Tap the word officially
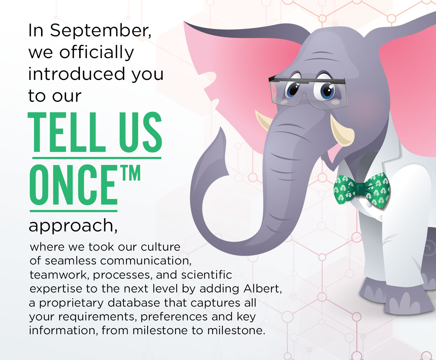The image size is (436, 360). [x=97, y=53]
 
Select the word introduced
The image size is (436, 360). [x=76, y=74]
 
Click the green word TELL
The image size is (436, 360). [x=66, y=132]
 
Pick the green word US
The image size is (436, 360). [x=141, y=132]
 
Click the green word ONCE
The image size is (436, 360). [x=73, y=185]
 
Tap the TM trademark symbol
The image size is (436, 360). [x=131, y=173]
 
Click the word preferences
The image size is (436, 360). [x=174, y=317]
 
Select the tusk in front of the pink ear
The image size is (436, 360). [x=263, y=120]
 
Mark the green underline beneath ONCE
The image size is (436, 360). [x=73, y=211]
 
